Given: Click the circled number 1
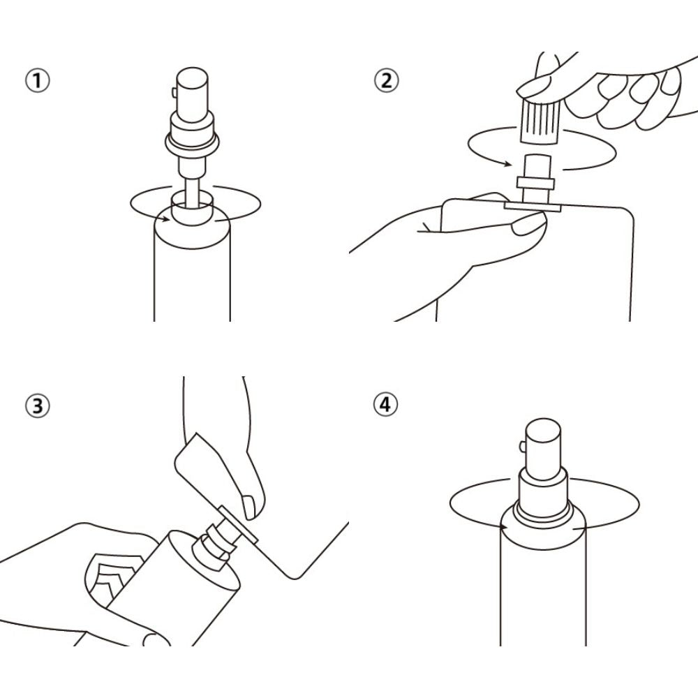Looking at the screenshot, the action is pos(38,81).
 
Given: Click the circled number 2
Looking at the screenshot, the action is pos(386,80).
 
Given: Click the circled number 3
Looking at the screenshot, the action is pos(38,406).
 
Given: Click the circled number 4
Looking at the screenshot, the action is pos(385,404).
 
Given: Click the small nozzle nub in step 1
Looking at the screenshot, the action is pos(174,92).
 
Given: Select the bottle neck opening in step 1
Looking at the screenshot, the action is pos(191,208).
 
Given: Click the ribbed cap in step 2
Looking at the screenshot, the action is pos(540,121).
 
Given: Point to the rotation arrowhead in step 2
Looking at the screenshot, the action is pos(507,164).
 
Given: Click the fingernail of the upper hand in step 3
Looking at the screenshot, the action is pos(248,506).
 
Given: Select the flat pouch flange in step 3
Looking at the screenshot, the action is pos(238,524).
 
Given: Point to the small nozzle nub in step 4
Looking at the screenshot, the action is pos(523,446).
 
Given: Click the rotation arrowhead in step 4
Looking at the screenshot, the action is pos(504,527).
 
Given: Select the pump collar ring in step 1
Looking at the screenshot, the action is pos(192,142).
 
